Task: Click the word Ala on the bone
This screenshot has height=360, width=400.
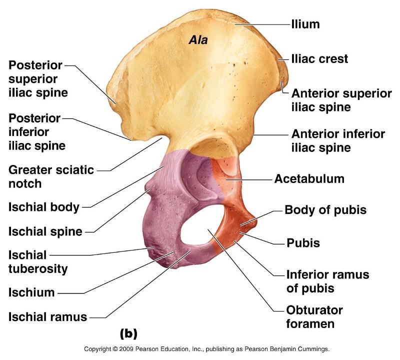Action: pyautogui.click(x=197, y=40)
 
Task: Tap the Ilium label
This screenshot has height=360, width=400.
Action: pyautogui.click(x=305, y=23)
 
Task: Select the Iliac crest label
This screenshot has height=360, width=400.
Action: pyautogui.click(x=319, y=59)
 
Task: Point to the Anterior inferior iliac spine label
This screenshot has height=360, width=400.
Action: pyautogui.click(x=338, y=140)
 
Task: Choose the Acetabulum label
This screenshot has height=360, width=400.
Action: pyautogui.click(x=309, y=178)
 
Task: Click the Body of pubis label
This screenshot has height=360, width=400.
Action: pyautogui.click(x=325, y=210)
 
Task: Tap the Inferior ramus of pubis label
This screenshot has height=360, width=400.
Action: pyautogui.click(x=327, y=281)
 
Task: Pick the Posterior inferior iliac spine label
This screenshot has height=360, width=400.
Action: pyautogui.click(x=36, y=132)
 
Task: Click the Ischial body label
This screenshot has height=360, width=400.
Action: pyautogui.click(x=43, y=207)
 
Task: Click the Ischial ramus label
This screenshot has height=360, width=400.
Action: pyautogui.click(x=47, y=316)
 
